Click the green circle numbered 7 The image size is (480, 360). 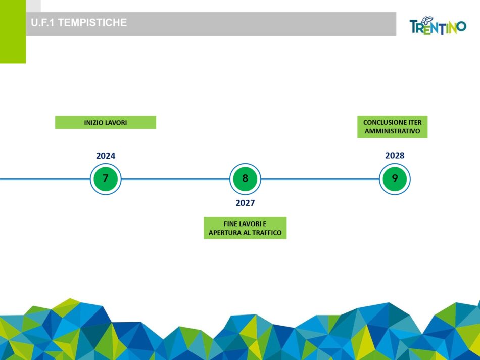coord(106,178)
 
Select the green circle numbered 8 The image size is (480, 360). coord(245,178)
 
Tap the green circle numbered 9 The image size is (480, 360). coord(395,178)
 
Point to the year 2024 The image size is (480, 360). coord(106,156)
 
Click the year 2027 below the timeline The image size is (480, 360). coord(245,203)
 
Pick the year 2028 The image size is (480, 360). coord(395,155)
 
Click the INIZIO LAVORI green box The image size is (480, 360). coord(105,122)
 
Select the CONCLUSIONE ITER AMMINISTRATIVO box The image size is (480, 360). coord(392,126)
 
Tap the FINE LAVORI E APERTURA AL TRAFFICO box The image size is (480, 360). coord(245,228)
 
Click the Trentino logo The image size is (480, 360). coord(438,26)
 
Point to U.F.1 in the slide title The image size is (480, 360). coord(43,23)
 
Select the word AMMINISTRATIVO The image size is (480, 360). coord(392,131)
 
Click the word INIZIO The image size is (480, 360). coord(93,122)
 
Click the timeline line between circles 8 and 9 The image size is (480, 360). coord(320,178)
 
